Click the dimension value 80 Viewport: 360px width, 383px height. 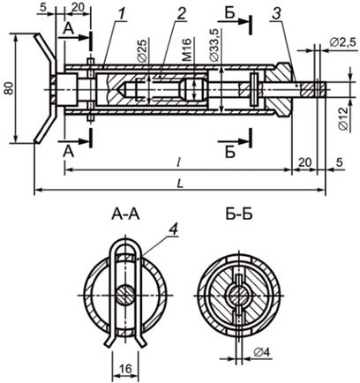[x=10, y=88]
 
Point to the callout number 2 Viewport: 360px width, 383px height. [x=181, y=14]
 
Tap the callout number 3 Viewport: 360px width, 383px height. [x=277, y=14]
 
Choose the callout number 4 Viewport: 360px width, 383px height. [x=174, y=229]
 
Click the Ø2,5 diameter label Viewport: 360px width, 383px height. [x=343, y=43]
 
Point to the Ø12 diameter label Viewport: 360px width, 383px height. [x=343, y=118]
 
